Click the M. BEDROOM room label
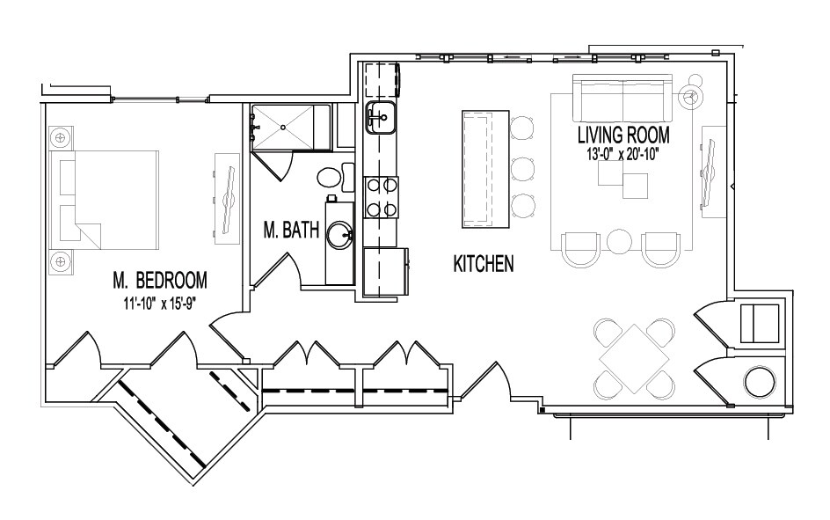point(159,280)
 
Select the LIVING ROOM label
point(623,135)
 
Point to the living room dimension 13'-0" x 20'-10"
point(623,155)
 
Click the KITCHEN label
point(484,264)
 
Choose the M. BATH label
point(291,230)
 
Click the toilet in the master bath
point(336,177)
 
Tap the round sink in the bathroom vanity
point(339,235)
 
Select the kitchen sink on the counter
point(380,116)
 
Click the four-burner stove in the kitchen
point(381,197)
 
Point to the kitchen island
point(485,169)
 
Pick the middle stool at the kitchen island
point(523,168)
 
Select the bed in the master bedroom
point(105,200)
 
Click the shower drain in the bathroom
point(283,127)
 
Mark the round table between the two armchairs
point(620,241)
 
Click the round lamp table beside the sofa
point(689,98)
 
